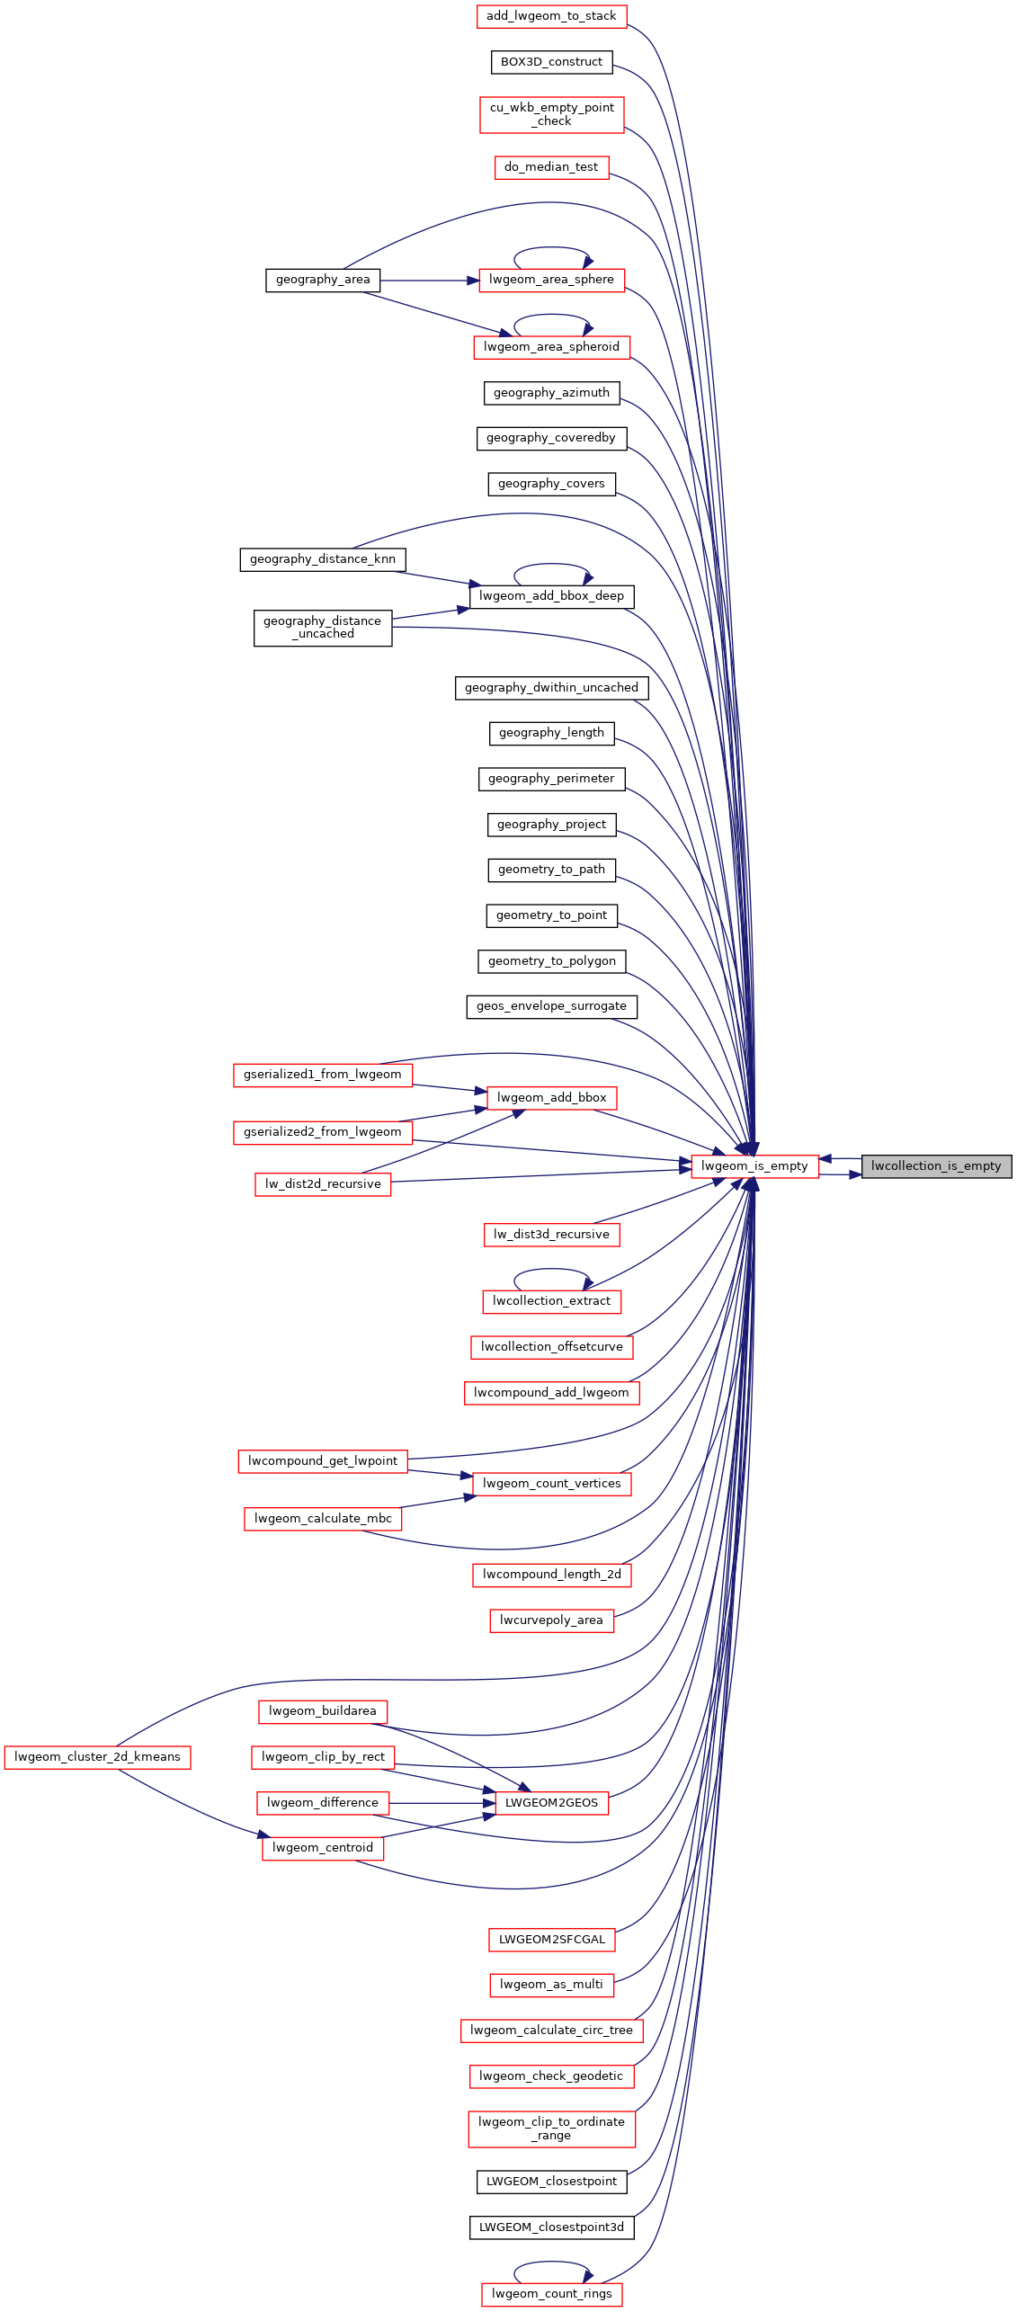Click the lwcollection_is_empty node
936,1166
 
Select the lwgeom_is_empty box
754,1166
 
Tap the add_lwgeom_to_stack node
551,16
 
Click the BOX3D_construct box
551,62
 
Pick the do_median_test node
551,167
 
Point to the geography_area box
323,281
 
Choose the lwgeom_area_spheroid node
551,347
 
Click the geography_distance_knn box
323,559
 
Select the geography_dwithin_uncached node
551,688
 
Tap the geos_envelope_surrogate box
551,1006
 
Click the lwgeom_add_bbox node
551,1098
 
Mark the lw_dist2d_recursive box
323,1184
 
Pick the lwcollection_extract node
551,1301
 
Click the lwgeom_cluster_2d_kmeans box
97,1757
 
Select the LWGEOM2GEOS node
551,1803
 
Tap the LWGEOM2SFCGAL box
551,1940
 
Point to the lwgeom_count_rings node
551,2294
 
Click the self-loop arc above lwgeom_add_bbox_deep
551,564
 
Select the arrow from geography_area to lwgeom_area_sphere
430,281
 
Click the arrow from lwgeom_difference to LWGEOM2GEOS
442,1803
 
